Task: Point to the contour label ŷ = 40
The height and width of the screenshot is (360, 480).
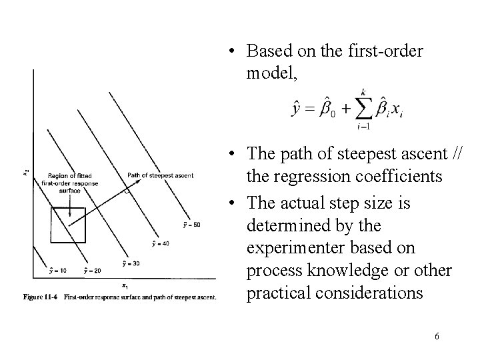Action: click(x=160, y=244)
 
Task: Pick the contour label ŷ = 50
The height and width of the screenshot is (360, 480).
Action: click(x=190, y=223)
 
